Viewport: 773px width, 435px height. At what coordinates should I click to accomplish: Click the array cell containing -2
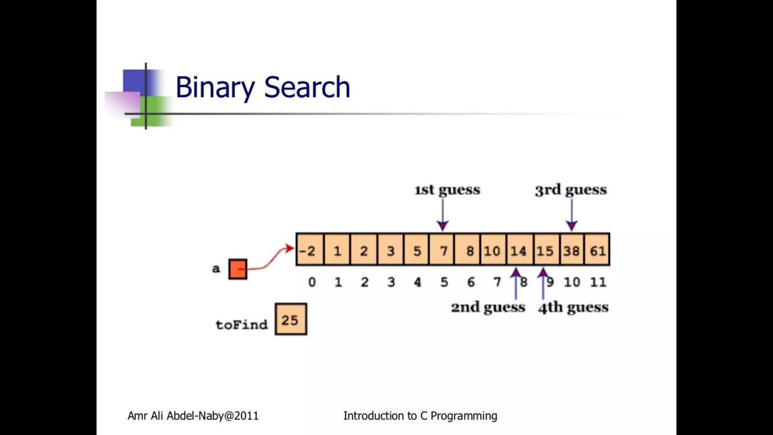(310, 250)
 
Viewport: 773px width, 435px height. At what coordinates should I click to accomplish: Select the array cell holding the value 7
(443, 250)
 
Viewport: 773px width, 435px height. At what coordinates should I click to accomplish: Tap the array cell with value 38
(571, 250)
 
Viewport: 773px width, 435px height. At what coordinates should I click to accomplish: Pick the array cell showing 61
(597, 250)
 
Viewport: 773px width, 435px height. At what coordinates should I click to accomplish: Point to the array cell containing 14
(519, 250)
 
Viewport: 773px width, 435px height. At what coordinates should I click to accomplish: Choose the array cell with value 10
(492, 250)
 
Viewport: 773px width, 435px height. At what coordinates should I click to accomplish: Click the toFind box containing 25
(291, 319)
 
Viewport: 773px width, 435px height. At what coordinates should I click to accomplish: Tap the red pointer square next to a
(238, 269)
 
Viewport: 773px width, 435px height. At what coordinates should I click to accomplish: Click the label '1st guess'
(447, 190)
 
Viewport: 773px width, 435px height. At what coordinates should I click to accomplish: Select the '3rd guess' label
(571, 190)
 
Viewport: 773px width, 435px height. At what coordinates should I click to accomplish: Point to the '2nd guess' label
(488, 307)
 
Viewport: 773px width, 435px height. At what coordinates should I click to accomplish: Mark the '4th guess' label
(573, 307)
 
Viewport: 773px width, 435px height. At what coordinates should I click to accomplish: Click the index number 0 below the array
(312, 282)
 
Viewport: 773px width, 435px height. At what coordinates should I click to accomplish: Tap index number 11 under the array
(598, 282)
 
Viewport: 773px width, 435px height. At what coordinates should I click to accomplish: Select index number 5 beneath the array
(444, 282)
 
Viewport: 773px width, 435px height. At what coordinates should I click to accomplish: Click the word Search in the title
(307, 87)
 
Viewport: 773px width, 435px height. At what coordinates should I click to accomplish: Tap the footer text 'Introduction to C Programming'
(420, 416)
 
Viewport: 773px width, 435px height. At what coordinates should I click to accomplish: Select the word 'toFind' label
(242, 324)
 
